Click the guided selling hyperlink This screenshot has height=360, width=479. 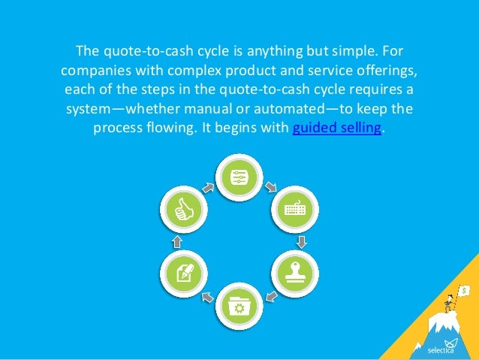click(337, 127)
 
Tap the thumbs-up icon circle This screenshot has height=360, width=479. click(183, 209)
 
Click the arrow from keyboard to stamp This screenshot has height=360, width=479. click(300, 241)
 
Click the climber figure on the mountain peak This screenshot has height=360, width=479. click(450, 301)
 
